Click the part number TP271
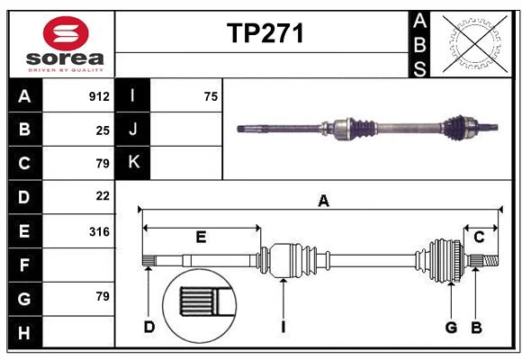tap(265, 34)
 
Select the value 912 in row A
tap(99, 96)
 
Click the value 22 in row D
tap(103, 195)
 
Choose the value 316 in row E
tap(99, 231)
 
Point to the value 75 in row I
tap(211, 96)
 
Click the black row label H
tap(24, 333)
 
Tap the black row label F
tap(24, 265)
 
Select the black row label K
tap(133, 163)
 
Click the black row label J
tap(133, 130)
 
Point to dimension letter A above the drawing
tap(323, 202)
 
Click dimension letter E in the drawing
tap(201, 238)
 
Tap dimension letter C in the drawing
tap(480, 238)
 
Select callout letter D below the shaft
tap(149, 327)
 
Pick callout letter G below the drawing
tap(451, 327)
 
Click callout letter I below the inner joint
tap(283, 327)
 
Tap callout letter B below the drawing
tap(477, 327)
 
